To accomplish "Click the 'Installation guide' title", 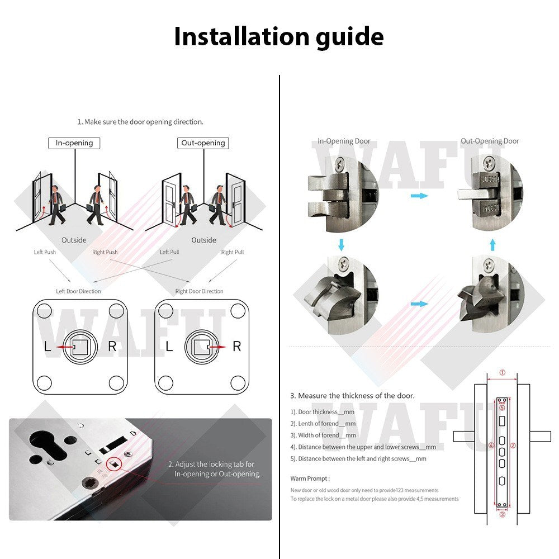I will [278, 37].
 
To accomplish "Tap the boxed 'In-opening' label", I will [74, 143].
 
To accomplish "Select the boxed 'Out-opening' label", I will [203, 143].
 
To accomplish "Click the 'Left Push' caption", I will [45, 252].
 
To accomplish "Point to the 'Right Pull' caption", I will [233, 252].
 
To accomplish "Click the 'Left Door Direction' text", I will [78, 291].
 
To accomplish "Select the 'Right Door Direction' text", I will [199, 291].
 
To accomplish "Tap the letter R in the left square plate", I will [112, 347].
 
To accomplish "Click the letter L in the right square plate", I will [169, 347].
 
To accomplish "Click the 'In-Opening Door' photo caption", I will [344, 141].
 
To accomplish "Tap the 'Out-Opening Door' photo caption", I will [490, 141].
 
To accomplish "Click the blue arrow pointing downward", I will [341, 244].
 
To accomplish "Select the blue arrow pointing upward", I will [492, 244].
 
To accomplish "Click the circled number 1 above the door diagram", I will [502, 372].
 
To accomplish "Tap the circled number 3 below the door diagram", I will [502, 515].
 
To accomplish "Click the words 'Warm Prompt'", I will [310, 479].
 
